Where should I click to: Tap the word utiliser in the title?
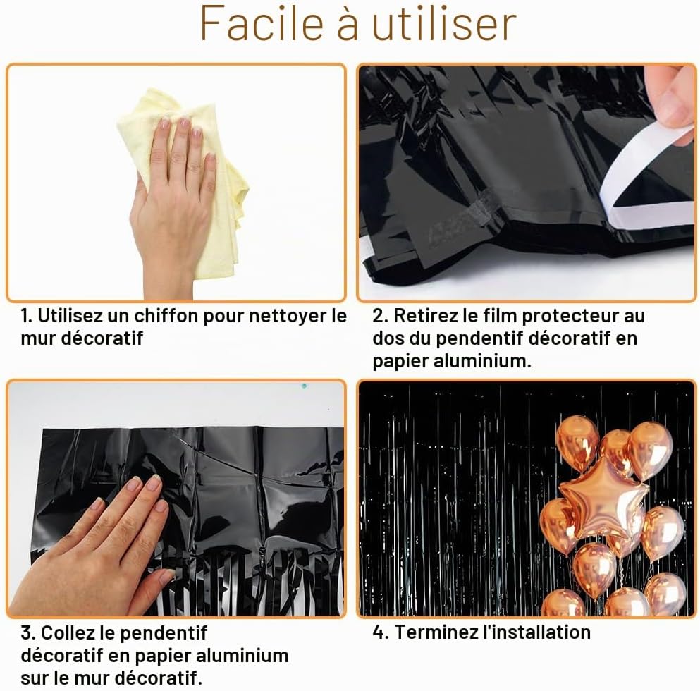click(444, 23)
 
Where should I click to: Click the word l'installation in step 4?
click(536, 632)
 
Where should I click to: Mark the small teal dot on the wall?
click(304, 385)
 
